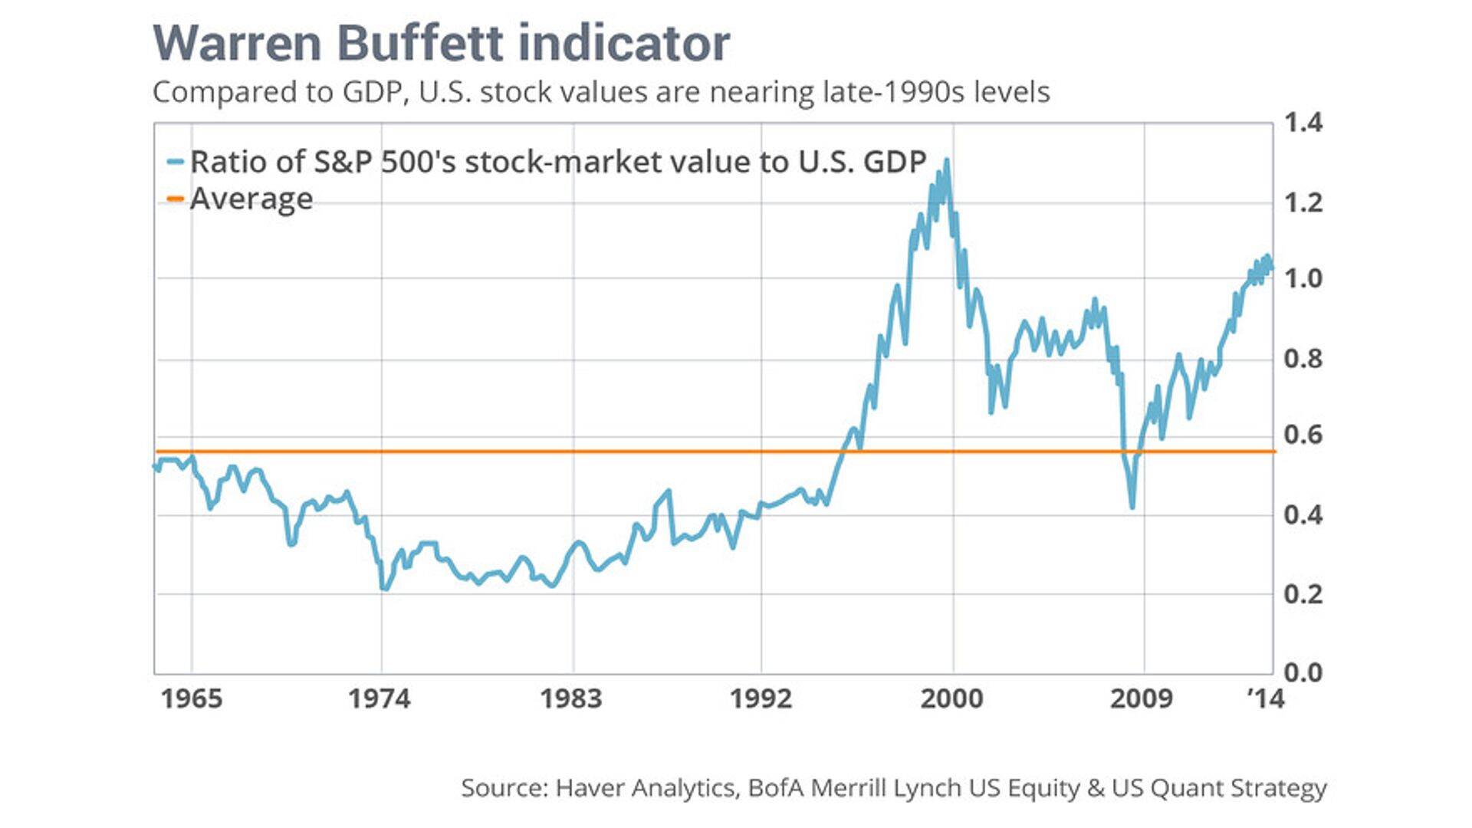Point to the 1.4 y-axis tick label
click(x=1303, y=123)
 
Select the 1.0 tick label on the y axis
click(x=1303, y=278)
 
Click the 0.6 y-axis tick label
click(x=1303, y=435)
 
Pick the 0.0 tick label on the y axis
click(x=1303, y=672)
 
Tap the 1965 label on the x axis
click(x=192, y=698)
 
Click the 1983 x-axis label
click(x=571, y=698)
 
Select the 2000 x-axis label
click(x=951, y=698)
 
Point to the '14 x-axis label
click(x=1266, y=698)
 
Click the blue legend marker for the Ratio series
click(x=176, y=163)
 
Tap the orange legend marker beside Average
click(x=176, y=199)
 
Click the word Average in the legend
click(x=251, y=199)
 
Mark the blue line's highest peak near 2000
click(x=947, y=160)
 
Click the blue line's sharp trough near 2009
click(x=1132, y=506)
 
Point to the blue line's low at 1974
click(x=384, y=588)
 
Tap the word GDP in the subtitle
click(x=372, y=92)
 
